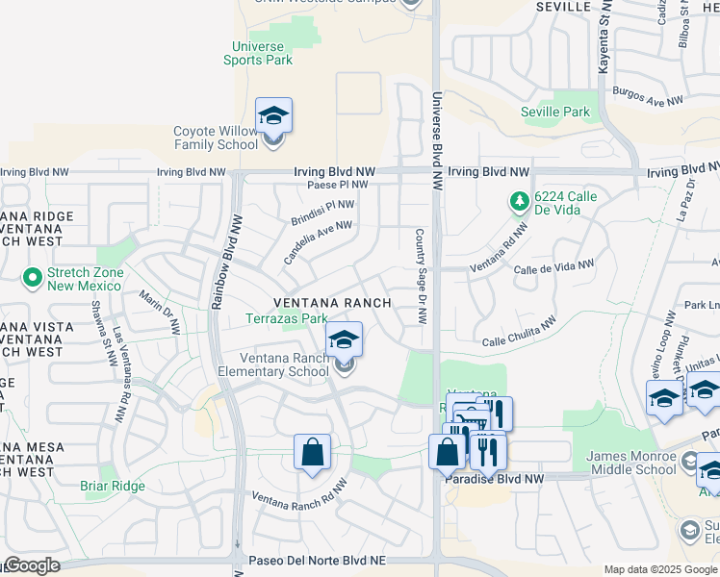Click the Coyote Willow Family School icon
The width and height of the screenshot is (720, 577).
[x=273, y=116]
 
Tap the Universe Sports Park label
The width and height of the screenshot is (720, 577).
[x=258, y=53]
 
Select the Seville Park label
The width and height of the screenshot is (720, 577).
[x=555, y=113]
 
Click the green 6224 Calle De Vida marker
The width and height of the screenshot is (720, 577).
[x=519, y=201]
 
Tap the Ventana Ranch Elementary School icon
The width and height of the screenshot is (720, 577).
[x=344, y=340]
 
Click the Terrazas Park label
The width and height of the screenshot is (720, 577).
[x=286, y=318]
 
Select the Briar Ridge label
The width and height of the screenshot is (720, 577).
[x=113, y=486]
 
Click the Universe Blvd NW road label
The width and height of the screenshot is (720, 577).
[x=436, y=140]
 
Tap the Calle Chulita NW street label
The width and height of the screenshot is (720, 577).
[x=519, y=334]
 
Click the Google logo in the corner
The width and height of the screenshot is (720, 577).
[x=31, y=565]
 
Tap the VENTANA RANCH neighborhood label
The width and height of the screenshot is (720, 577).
[x=333, y=302]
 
